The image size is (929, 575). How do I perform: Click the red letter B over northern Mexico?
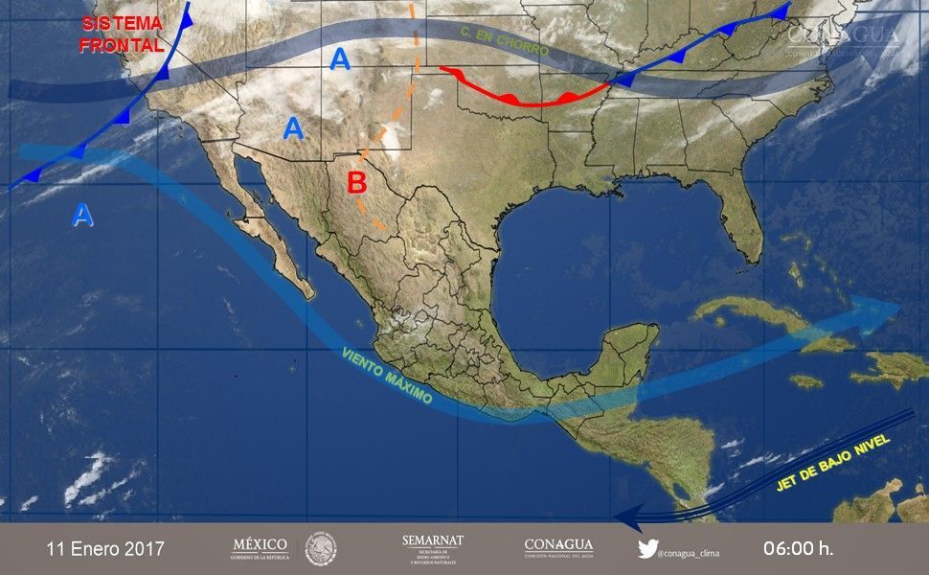pyautogui.click(x=357, y=180)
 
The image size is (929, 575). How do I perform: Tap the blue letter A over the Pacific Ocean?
pyautogui.click(x=83, y=216)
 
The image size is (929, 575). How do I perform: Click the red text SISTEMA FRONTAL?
pyautogui.click(x=122, y=34)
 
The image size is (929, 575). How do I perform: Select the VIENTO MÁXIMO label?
pyautogui.click(x=386, y=375)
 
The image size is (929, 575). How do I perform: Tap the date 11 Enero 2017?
pyautogui.click(x=105, y=549)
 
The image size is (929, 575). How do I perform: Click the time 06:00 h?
pyautogui.click(x=798, y=549)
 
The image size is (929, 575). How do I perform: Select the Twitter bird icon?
pyautogui.click(x=647, y=549)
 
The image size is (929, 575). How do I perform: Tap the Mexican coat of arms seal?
pyautogui.click(x=321, y=549)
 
